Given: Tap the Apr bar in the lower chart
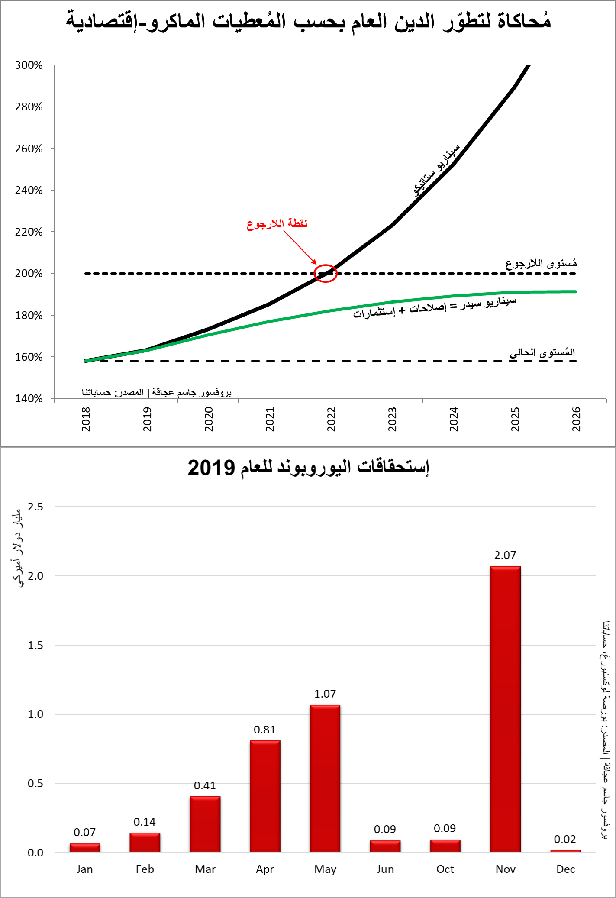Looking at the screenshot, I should tap(265, 796).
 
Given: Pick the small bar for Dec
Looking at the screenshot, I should tap(565, 851).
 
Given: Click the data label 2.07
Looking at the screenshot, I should tap(505, 556).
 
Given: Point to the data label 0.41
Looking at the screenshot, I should tap(205, 785).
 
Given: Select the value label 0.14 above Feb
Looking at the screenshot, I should tap(145, 822).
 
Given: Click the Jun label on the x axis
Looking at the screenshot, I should tap(385, 869).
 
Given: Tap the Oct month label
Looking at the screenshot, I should tap(445, 869).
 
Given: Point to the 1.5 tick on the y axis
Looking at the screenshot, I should tap(35, 645).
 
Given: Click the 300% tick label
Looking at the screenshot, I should tap(29, 65).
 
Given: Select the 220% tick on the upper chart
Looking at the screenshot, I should tap(29, 232).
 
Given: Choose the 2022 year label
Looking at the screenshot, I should tap(331, 419).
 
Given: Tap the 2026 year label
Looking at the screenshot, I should tap(576, 419).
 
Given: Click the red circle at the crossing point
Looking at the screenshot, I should tap(325, 273).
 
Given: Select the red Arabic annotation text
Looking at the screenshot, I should tap(277, 224).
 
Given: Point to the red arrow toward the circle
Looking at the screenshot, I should tap(300, 247).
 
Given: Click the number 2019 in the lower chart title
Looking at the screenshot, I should tap(211, 468).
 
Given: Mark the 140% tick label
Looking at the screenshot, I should tap(29, 399).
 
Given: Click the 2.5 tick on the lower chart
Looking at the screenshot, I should tap(35, 507).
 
